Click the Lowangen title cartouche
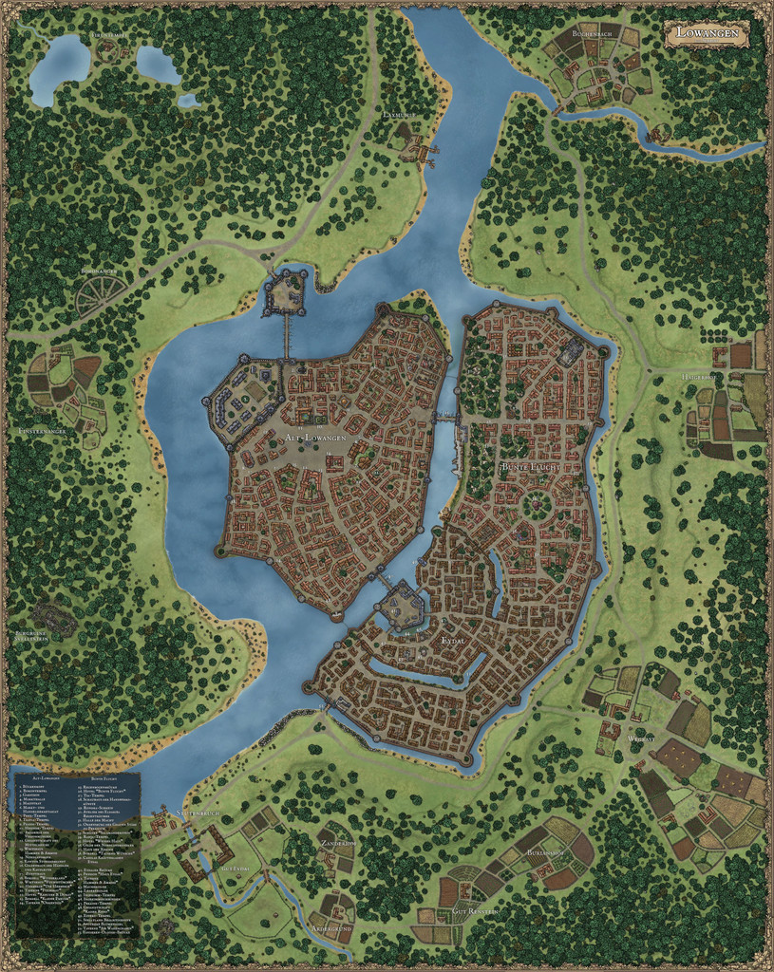pos(707,33)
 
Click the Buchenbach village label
pos(592,32)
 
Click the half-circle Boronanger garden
pos(100,297)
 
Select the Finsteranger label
pos(43,431)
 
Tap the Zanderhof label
pos(336,843)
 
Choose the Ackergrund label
pos(331,927)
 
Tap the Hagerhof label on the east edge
pos(700,377)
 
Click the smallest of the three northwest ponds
pos(188,100)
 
